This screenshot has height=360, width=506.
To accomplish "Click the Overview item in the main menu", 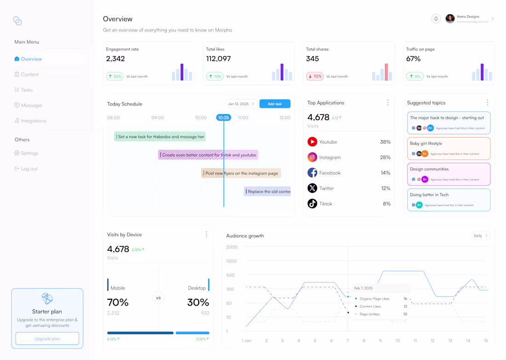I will [31, 59].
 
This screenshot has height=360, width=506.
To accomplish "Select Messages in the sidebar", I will [31, 105].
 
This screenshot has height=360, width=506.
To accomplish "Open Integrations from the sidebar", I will [33, 121].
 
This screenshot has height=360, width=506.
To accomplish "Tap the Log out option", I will [29, 169].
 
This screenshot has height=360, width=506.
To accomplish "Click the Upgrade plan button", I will [47, 339].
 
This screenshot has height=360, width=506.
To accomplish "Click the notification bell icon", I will [436, 19].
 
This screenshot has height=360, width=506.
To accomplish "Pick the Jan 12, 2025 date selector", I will [241, 104].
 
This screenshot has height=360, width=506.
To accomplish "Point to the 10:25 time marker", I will [224, 118].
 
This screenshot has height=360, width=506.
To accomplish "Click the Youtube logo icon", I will [312, 142].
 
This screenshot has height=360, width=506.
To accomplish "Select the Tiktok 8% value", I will [386, 204].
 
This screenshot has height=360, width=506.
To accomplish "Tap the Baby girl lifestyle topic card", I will [448, 148].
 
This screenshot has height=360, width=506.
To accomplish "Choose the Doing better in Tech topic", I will [448, 200].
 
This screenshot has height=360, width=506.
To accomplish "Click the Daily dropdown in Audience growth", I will [481, 236].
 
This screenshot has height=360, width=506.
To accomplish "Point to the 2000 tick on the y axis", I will [232, 247].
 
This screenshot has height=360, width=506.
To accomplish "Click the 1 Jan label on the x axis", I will [247, 341].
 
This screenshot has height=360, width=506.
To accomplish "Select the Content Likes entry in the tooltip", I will [370, 307].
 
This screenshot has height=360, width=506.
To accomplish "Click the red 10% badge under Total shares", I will [315, 76].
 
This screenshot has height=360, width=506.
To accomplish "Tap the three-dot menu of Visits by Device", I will [207, 235].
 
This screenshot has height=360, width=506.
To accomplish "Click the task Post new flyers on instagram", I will [241, 173].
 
